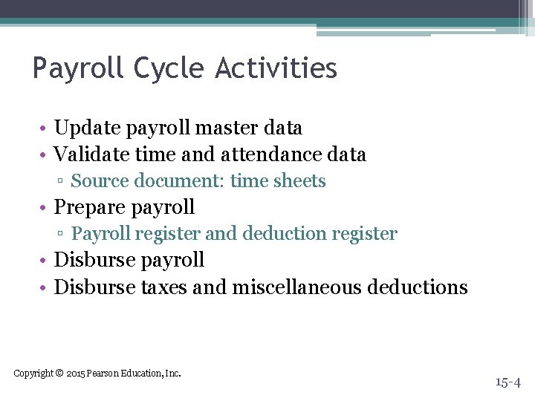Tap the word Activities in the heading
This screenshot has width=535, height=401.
coord(276,69)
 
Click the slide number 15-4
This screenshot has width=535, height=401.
coord(508,382)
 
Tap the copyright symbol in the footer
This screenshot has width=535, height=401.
coord(59,373)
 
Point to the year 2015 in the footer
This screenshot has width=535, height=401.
coord(75,373)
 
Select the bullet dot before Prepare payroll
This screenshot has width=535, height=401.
coord(45,208)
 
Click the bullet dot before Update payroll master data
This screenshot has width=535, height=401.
coord(45,129)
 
